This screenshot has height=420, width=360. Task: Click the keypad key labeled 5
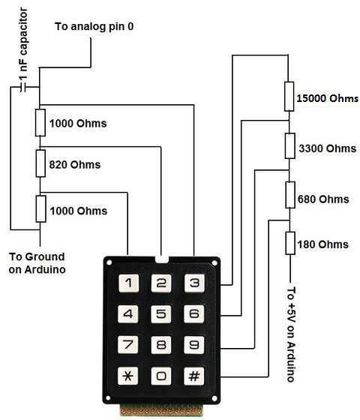click(160, 313)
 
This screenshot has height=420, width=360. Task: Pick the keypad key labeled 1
click(128, 283)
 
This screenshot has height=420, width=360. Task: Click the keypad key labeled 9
click(193, 344)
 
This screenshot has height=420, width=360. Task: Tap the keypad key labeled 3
click(193, 283)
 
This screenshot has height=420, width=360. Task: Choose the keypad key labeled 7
click(128, 344)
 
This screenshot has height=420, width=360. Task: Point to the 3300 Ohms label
click(323, 148)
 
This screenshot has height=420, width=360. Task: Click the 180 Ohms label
click(322, 244)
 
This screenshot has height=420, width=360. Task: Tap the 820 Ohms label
click(74, 164)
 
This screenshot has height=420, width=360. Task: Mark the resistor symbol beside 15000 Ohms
click(289, 96)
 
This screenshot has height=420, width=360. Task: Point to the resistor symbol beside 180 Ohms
click(289, 244)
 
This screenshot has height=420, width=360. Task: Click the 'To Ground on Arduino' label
click(37, 262)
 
